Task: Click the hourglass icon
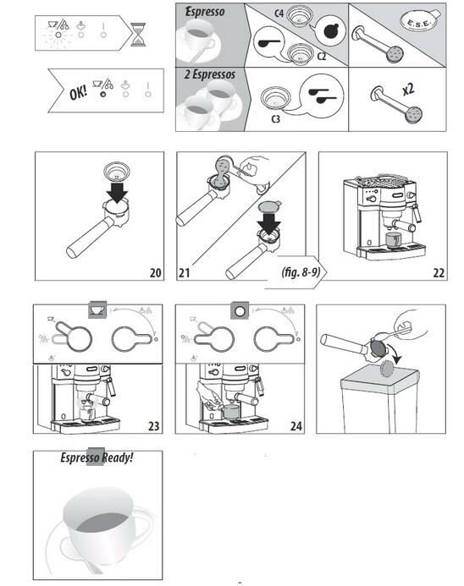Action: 138,35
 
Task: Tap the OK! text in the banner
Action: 78,92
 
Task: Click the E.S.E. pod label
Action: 419,23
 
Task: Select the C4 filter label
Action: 279,14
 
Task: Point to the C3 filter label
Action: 275,119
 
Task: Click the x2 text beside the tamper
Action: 408,90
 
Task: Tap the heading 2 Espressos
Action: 209,74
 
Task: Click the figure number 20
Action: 155,273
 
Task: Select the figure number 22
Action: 439,273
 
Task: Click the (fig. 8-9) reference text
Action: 301,271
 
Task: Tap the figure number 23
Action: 153,426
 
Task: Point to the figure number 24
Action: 296,426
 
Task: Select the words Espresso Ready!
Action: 97,457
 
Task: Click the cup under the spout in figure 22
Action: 393,240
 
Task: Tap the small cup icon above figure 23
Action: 97,309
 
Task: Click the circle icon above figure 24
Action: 240,310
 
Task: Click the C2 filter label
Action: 322,57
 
